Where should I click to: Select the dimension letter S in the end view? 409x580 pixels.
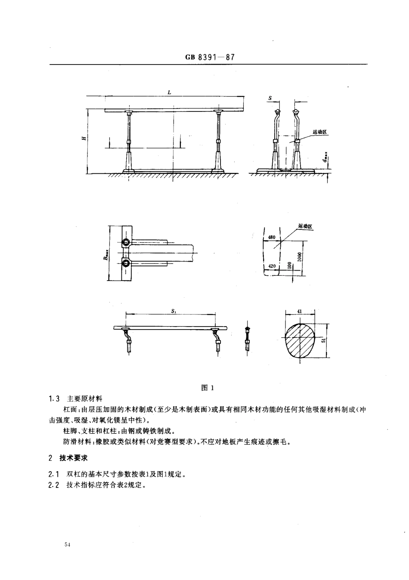click(x=270, y=98)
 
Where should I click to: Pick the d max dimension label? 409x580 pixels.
click(x=326, y=159)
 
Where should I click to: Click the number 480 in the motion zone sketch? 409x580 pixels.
click(x=271, y=237)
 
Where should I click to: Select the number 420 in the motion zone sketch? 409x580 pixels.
click(x=271, y=266)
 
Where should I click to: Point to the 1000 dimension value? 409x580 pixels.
click(x=299, y=257)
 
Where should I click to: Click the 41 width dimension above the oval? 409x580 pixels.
click(x=300, y=311)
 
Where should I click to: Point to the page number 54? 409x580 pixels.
click(x=67, y=545)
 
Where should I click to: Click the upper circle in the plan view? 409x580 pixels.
click(x=126, y=242)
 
